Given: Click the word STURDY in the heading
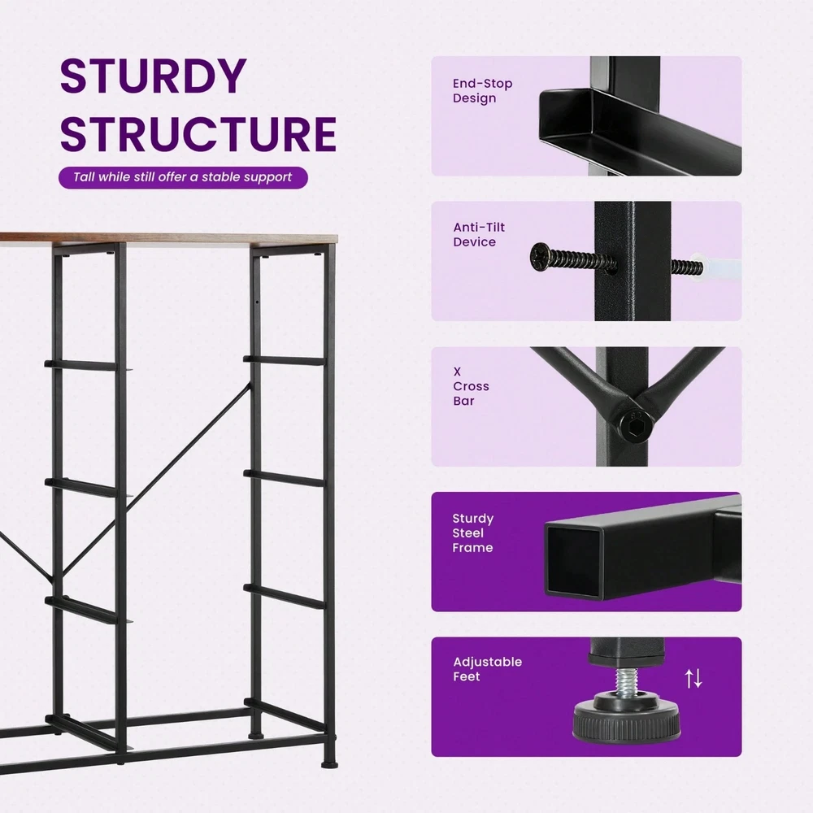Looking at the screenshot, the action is pos(154,76).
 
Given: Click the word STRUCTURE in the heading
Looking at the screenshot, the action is pos(198,134).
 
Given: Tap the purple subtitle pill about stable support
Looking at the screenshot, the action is pos(183,177).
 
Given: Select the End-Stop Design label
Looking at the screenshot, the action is pos(482,91).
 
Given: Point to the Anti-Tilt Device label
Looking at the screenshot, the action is pos(479,234).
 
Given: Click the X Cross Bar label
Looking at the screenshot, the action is pos(471,385).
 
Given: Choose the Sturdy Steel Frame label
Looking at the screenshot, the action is pos(472,533).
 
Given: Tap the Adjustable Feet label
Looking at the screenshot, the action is pos(487,669).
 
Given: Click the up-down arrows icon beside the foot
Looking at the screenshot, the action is pos(693,678).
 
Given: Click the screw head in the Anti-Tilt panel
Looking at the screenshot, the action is pos(539,257).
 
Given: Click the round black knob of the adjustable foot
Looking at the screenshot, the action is pos(626,720).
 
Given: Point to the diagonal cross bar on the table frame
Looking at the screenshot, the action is pos(155,481).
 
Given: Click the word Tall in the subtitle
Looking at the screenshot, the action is pos(85,176).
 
